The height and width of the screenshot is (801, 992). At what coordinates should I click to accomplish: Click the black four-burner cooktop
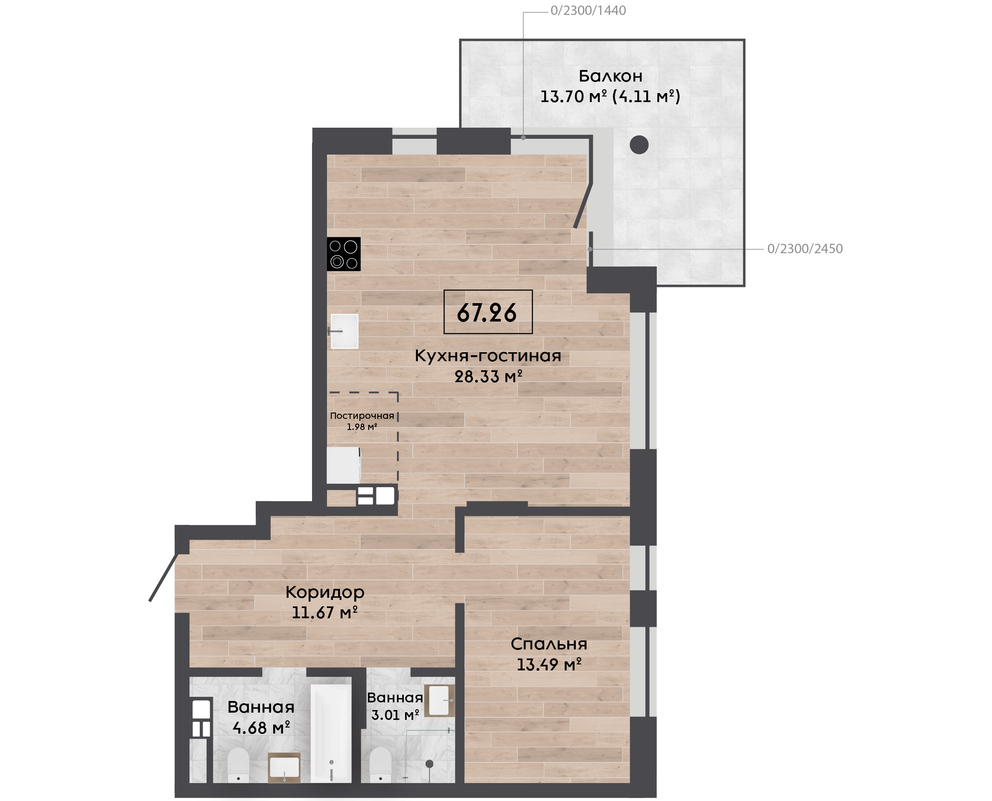[x=344, y=254]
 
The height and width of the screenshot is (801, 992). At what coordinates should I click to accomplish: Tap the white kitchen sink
[x=344, y=331]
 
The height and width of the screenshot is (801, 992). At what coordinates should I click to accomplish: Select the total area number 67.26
[x=487, y=313]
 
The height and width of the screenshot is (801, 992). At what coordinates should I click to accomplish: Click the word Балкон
[x=610, y=76]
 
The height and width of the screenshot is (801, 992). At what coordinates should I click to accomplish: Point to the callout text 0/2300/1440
[x=588, y=11]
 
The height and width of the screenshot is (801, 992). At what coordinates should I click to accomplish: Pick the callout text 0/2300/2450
[x=805, y=248]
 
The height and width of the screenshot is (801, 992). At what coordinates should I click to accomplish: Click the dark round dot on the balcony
[x=639, y=145]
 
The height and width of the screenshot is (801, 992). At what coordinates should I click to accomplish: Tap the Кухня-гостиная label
[x=488, y=356]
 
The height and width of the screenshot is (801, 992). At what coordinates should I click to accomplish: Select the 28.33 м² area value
[x=488, y=377]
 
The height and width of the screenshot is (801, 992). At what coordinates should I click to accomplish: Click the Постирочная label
[x=362, y=416]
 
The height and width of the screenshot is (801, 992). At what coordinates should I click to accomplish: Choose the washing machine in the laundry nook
[x=344, y=465]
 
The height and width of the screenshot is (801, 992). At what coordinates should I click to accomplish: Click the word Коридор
[x=325, y=592]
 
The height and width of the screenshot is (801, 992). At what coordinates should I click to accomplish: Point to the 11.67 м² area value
[x=325, y=612]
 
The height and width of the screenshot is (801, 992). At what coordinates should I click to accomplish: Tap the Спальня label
[x=549, y=644]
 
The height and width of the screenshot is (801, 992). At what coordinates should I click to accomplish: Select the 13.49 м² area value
[x=549, y=664]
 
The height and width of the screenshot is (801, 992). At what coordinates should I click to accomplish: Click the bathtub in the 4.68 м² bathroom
[x=331, y=733]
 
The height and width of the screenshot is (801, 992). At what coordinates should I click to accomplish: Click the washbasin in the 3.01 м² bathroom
[x=439, y=700]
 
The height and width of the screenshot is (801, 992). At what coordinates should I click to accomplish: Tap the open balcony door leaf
[x=583, y=206]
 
